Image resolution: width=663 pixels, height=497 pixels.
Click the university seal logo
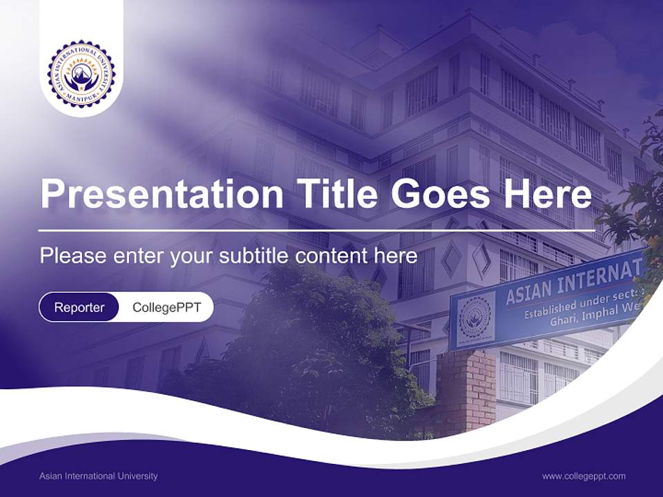point(81,73)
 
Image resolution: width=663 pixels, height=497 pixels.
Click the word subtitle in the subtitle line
point(256,256)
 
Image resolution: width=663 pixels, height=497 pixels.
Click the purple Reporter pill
point(79,307)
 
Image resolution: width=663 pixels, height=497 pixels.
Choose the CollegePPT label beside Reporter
point(166,307)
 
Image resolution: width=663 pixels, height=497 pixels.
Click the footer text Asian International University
point(98,476)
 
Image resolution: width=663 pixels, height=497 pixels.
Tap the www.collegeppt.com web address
point(584,476)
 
